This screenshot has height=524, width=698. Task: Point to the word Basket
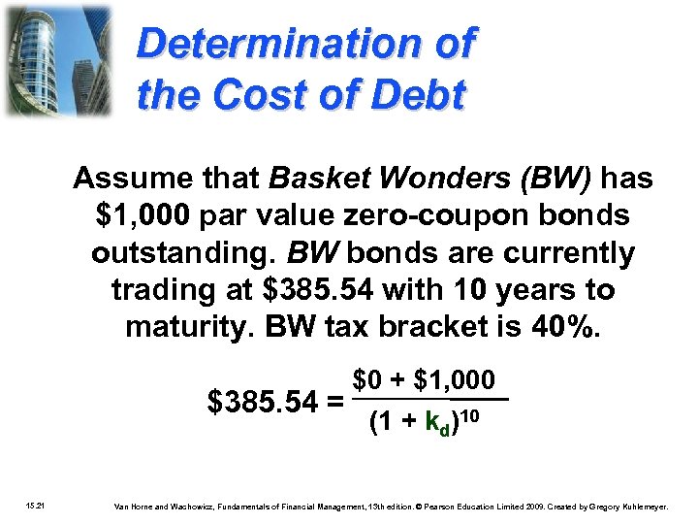[314, 180]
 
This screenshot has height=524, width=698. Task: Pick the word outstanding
[185, 253]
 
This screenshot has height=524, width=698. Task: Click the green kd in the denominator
[438, 425]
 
